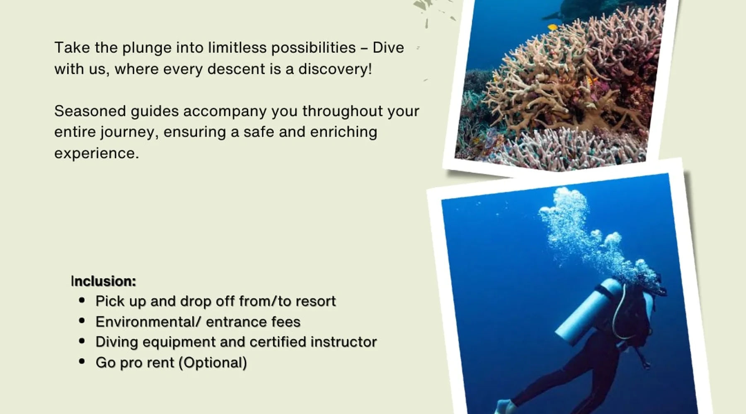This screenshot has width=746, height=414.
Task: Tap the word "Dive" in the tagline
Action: (388, 47)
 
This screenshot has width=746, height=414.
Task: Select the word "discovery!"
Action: (335, 69)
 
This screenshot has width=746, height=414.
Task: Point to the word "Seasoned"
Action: (90, 111)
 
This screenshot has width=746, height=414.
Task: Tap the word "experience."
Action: (97, 153)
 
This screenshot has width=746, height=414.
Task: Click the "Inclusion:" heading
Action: (103, 281)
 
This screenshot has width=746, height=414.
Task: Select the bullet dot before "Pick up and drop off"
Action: (82, 300)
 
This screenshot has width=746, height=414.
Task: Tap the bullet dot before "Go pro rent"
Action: (82, 361)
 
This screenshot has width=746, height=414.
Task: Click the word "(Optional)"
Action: (213, 363)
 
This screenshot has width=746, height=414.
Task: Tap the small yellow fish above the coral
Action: (552, 27)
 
